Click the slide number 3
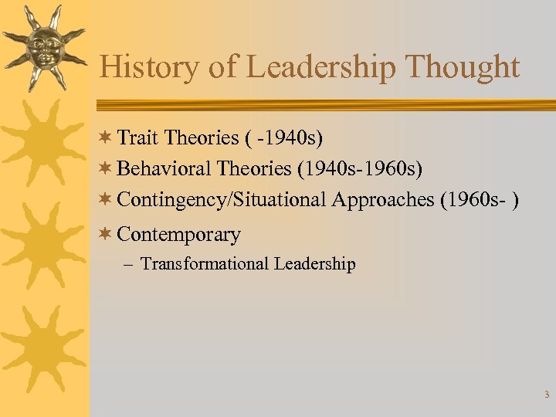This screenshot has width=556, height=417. pos(546,395)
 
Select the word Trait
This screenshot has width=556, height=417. pos(139,137)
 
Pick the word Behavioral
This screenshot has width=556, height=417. pos(164,168)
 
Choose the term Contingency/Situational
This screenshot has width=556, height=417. pos(222,199)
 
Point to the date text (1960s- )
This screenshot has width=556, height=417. pos(479,199)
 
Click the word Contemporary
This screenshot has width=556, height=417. pos(178,234)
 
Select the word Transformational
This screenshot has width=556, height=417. pos(204,264)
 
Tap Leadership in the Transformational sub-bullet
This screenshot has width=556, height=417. pos(314,264)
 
